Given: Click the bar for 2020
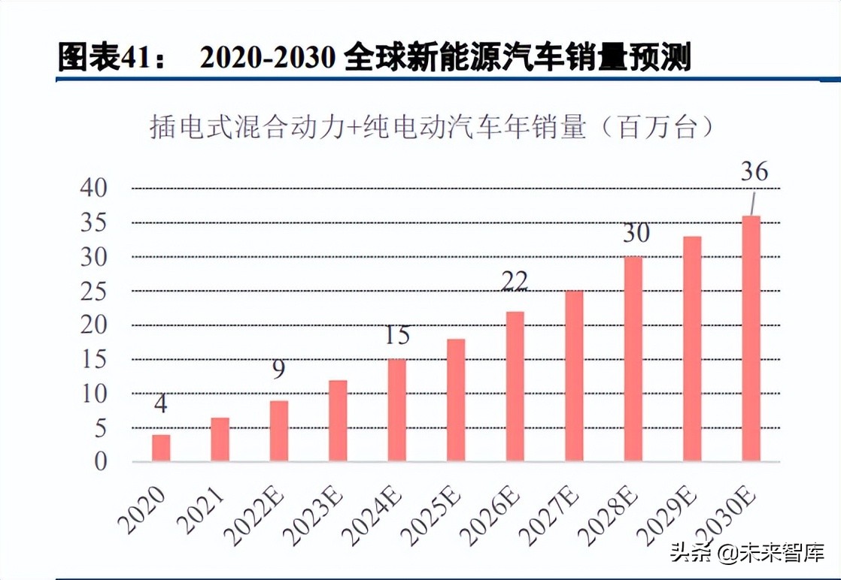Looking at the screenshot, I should click(161, 448).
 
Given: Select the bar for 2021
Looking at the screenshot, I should click(220, 440).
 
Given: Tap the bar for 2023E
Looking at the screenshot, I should click(338, 421).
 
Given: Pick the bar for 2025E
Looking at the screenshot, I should click(456, 400).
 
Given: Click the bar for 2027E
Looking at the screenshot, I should click(574, 376).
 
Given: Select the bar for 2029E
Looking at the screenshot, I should click(692, 349).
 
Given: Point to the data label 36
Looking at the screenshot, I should click(754, 172).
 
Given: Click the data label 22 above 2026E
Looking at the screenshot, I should click(515, 280).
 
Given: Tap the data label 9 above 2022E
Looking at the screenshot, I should click(279, 370).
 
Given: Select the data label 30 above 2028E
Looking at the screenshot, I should click(636, 234).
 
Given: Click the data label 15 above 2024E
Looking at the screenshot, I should click(397, 336).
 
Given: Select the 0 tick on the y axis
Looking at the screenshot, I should click(101, 462).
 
